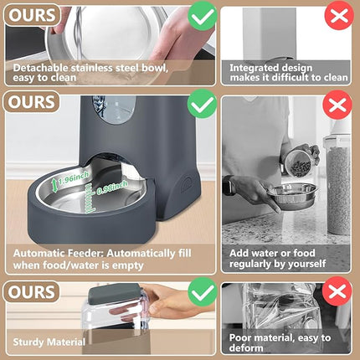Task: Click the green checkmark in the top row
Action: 201,15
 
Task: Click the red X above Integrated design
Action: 337,16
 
